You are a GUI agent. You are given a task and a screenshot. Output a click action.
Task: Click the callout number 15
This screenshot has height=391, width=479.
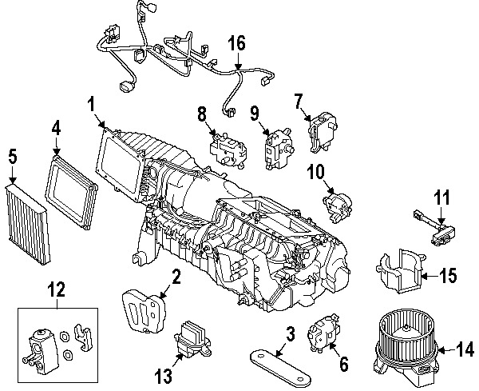pos(448,276)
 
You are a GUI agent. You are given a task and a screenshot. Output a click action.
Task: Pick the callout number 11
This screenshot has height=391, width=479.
pos(442,197)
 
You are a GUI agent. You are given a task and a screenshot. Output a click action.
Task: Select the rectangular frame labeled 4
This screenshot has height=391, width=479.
pos(72,191)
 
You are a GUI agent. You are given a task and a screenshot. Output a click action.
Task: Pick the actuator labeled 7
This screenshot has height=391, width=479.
pos(324,127)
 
